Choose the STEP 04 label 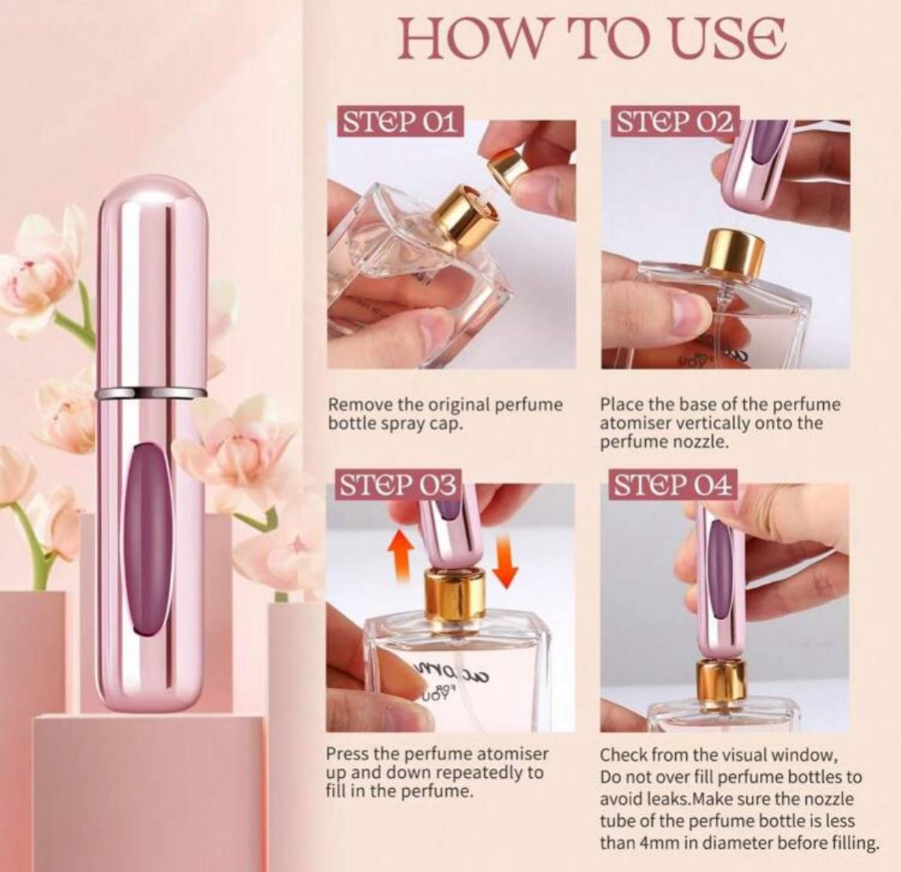coord(674,486)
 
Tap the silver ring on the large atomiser coord(150,393)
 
